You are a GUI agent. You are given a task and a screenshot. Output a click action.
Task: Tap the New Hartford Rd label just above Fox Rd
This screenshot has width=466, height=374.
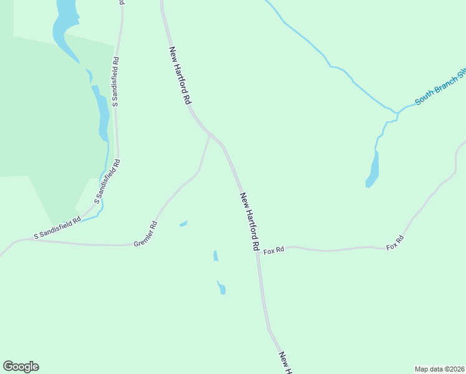tap(249, 221)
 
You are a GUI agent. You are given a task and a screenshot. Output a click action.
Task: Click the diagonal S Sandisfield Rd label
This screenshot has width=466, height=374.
tap(107, 181)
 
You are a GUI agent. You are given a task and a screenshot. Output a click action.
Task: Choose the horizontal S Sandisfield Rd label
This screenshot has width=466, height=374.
tap(57, 228)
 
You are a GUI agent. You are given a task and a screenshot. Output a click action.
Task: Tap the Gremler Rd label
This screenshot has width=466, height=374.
tap(145, 234)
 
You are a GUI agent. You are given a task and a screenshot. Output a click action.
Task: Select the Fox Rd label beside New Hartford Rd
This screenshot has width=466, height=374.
tap(273, 250)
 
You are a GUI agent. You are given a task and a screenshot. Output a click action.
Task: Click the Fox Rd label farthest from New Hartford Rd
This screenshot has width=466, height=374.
tap(395, 242)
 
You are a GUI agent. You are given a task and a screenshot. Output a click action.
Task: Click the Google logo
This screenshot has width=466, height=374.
tap(21, 367)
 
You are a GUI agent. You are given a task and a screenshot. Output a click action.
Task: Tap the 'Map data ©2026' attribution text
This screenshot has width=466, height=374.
tap(439, 368)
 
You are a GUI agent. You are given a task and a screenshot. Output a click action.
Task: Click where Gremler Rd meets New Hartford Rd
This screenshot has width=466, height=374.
tap(210, 133)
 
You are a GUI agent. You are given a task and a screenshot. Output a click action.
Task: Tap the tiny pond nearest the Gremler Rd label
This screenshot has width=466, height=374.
tap(183, 223)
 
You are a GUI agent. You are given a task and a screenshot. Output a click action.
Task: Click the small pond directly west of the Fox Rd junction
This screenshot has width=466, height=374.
tap(216, 256)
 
